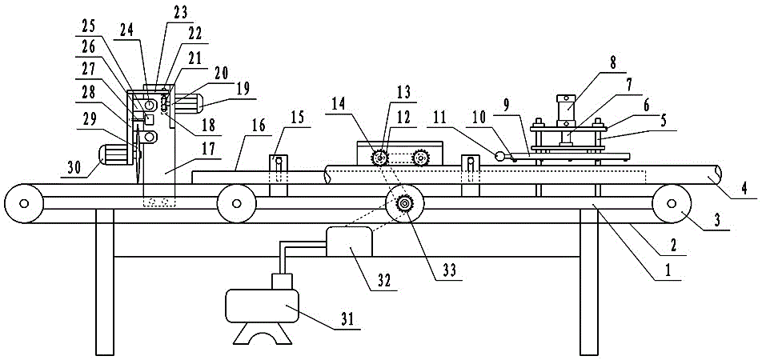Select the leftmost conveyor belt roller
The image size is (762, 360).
pos(25,201)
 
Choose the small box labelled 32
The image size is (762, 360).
pos(348,241)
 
